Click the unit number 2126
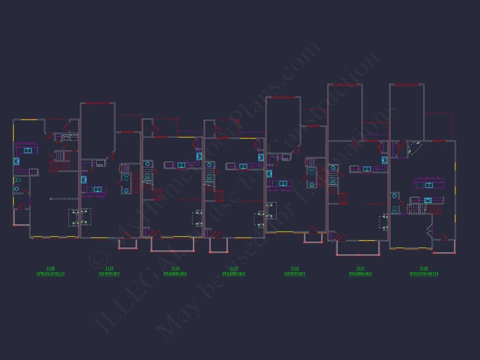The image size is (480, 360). click(x=50, y=268)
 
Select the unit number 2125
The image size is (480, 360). click(x=109, y=268)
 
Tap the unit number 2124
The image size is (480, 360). click(x=175, y=268)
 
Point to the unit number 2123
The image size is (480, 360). click(x=233, y=268)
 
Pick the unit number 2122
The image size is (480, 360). click(x=295, y=268)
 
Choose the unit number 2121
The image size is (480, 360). click(x=360, y=268)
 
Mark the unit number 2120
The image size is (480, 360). click(x=423, y=268)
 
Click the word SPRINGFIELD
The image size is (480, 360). click(x=50, y=274)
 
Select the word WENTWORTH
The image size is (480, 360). click(x=423, y=274)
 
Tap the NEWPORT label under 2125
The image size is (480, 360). click(x=109, y=274)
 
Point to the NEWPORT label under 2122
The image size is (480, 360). click(x=295, y=274)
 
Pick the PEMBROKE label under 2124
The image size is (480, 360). click(x=175, y=274)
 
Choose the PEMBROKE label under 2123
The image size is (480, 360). click(x=233, y=274)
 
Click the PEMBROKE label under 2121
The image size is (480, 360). click(x=360, y=274)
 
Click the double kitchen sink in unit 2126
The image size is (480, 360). click(x=27, y=151)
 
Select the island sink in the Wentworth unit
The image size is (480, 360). click(x=429, y=185)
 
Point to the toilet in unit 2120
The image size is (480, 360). click(x=394, y=209)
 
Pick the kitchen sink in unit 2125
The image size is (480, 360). click(x=97, y=189)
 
